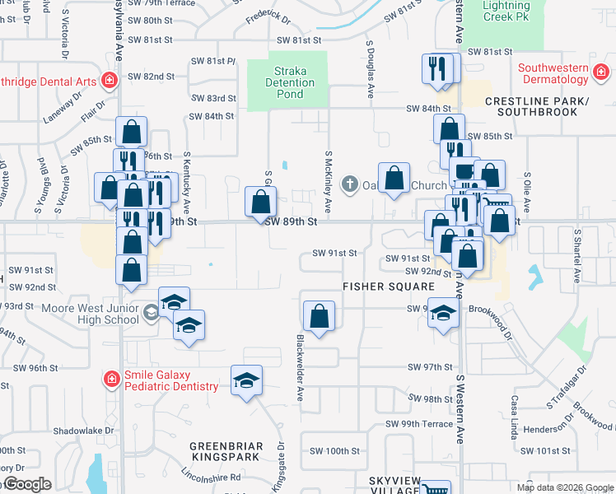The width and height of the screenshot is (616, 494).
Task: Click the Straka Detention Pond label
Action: coord(290,82)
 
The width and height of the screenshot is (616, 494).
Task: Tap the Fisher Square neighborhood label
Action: coord(388,287)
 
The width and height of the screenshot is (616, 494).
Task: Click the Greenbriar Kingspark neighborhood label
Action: coord(226,453)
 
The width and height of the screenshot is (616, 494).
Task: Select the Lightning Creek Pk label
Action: coord(506,11)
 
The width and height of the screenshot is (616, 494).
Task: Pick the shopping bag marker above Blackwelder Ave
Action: coord(319,315)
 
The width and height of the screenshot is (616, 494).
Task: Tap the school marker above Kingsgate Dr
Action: coord(246,380)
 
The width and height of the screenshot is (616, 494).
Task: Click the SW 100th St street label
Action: coord(335,451)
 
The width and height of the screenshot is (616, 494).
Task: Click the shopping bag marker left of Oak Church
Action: coord(261,201)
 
